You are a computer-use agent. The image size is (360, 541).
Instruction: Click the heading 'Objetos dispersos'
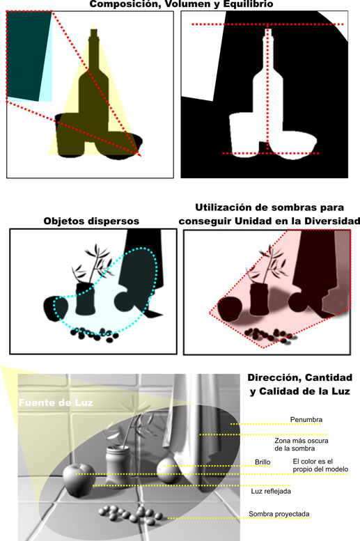pyautogui.click(x=91, y=221)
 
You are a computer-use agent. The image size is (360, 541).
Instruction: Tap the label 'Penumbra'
pyautogui.click(x=306, y=420)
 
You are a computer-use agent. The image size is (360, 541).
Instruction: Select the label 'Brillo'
pyautogui.click(x=263, y=462)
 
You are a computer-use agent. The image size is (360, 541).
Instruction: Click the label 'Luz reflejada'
pyautogui.click(x=271, y=491)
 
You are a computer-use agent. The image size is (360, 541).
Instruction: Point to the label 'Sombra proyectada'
pyautogui.click(x=279, y=514)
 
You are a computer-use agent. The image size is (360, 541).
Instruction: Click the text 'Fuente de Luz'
pyautogui.click(x=56, y=402)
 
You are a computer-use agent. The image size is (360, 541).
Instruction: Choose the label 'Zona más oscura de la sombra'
pyautogui.click(x=302, y=444)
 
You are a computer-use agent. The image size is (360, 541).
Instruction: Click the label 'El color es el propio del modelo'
pyautogui.click(x=320, y=465)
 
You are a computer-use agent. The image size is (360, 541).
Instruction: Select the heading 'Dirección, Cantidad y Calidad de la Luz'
pyautogui.click(x=300, y=384)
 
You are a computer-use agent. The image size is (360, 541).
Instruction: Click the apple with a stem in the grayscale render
pyautogui.click(x=79, y=480)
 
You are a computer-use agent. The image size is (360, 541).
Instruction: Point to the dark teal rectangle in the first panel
pyautogui.click(x=27, y=55)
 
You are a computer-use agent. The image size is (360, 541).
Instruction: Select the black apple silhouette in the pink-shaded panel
pyautogui.click(x=229, y=309)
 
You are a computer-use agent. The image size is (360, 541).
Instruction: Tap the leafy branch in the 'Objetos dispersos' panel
pyautogui.click(x=93, y=263)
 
